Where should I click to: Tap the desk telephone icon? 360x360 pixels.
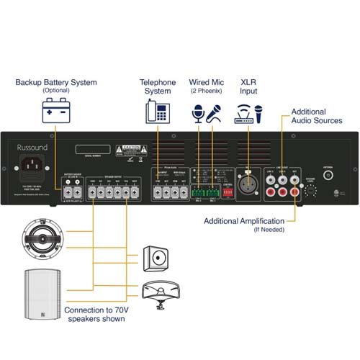[156, 112]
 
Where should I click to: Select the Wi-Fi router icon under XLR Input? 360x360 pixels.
[243, 113]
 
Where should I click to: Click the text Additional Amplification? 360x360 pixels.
[245, 220]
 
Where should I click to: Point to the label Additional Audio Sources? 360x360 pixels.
[318, 117]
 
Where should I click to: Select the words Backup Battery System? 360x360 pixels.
[55, 83]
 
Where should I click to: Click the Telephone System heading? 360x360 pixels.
[157, 86]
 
